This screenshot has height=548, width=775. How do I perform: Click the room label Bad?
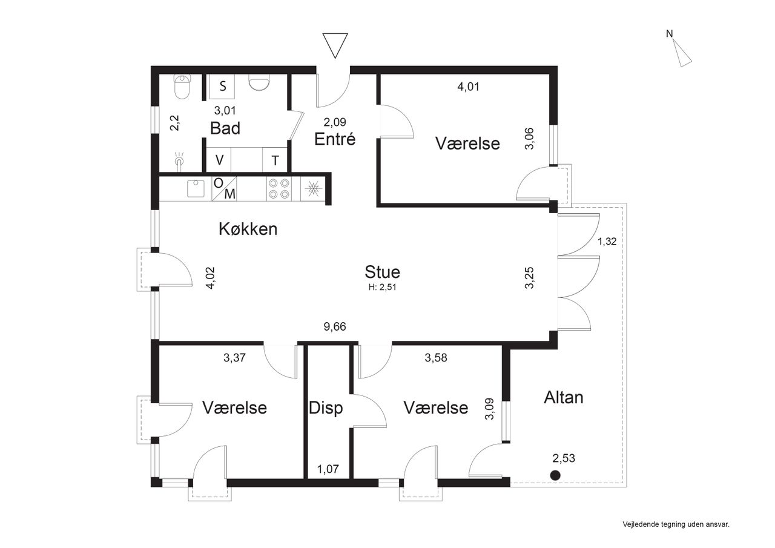225,128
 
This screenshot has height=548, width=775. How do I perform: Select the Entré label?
335,139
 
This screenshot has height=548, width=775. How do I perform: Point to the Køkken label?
248,229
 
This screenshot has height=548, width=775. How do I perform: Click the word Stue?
382,272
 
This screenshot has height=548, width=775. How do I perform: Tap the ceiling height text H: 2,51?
382,287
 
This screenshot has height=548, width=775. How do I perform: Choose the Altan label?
563,397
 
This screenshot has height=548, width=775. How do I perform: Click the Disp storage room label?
325,408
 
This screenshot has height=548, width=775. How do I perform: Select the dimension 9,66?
335,326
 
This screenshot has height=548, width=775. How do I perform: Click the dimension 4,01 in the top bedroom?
468,87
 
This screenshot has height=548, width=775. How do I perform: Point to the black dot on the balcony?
555,475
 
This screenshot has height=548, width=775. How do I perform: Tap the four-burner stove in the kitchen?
279,188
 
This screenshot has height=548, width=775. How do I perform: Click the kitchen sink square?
196,188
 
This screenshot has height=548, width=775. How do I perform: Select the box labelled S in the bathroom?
222,87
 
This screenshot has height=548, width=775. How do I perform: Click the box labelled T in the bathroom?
275,160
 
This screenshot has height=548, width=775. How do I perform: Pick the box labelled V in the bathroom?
219,160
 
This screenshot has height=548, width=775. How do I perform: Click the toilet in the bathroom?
182,87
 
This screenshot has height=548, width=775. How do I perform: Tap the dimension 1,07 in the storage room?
328,469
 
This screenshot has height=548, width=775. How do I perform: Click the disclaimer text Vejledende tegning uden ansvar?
676,524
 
